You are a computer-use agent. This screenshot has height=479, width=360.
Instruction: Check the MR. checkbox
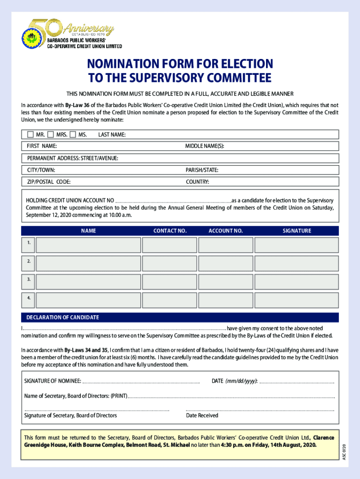point(30,135)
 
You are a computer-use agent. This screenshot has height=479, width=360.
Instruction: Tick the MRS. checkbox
point(50,135)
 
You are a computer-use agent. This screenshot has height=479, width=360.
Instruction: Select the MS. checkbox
point(72,135)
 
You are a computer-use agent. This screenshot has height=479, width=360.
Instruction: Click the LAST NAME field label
point(112,135)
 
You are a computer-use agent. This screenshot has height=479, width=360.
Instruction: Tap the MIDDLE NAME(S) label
point(205,146)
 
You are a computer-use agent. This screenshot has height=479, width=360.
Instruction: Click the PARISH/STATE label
point(202,170)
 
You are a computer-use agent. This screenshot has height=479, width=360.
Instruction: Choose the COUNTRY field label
point(197,181)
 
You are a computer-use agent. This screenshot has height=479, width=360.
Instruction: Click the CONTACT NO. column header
point(170,231)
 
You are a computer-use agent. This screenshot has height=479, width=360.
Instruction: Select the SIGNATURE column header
point(296,231)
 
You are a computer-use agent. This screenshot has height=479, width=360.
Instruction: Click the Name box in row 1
point(88,245)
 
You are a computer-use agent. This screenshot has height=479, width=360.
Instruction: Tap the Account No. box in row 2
point(225,263)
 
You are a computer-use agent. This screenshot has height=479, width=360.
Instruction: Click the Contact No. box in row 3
point(170,282)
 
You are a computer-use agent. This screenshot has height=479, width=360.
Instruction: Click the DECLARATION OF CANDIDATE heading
point(63,317)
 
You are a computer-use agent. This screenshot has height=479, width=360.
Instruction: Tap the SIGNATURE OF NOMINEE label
point(53,381)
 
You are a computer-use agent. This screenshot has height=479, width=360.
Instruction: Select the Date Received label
point(202,415)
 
